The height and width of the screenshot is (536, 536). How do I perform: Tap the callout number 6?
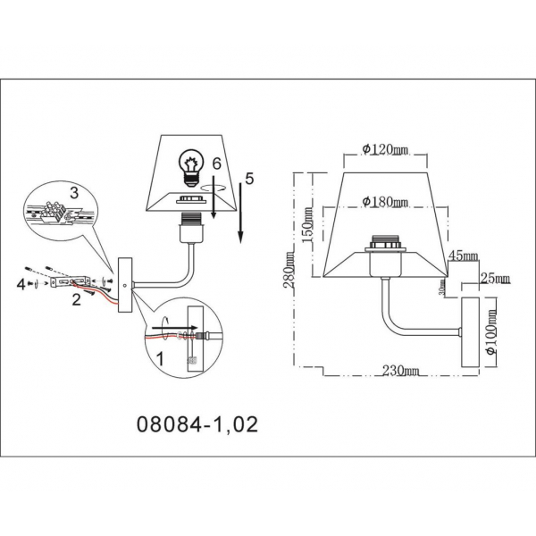[214, 163]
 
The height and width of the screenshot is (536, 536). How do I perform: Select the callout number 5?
[249, 179]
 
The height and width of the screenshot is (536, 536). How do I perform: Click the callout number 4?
[21, 283]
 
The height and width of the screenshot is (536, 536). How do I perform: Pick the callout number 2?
[77, 300]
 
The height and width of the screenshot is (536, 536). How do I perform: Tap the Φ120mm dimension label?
[380, 149]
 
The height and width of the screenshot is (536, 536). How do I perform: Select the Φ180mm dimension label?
[380, 201]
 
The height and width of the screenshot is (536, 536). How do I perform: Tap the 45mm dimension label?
[464, 255]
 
